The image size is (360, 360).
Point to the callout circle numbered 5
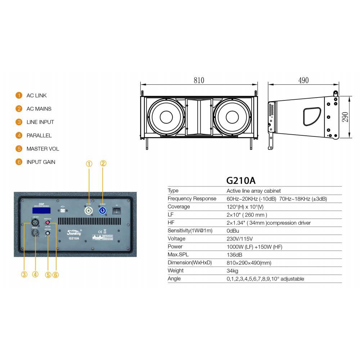[48, 275]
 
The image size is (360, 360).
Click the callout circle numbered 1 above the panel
[89, 163]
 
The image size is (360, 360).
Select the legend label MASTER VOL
[42, 149]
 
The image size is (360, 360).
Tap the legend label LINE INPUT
[40, 122]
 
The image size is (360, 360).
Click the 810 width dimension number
[199, 80]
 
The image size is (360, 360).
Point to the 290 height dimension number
[345, 117]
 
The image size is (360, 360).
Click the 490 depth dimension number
[303, 80]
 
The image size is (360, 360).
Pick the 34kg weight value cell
[232, 271]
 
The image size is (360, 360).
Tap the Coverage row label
[179, 207]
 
